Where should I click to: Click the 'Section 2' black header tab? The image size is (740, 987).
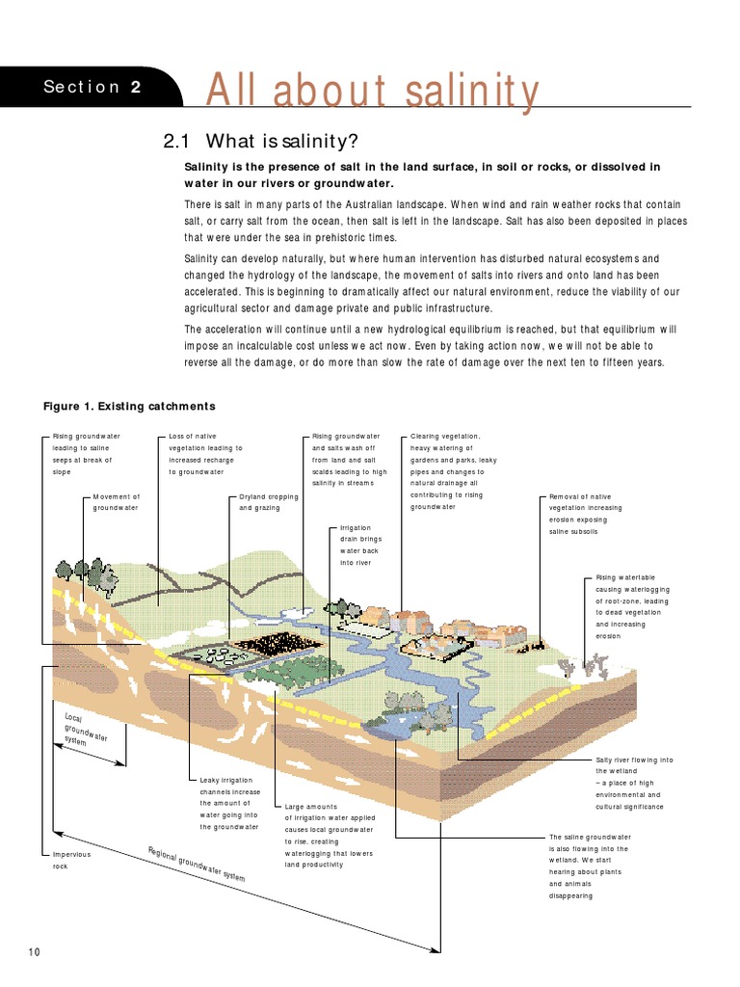point(92,88)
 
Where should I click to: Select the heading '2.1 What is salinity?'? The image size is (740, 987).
point(261,142)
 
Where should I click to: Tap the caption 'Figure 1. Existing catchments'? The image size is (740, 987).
point(129,406)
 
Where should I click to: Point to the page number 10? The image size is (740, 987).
point(35,952)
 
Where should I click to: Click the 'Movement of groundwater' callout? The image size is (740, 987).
point(116,502)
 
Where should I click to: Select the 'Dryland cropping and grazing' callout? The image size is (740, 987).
point(269,502)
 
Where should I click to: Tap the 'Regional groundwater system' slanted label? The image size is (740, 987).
point(197,865)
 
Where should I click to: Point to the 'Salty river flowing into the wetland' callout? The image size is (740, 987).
point(633,783)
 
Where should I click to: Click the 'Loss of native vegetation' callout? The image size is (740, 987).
point(205,454)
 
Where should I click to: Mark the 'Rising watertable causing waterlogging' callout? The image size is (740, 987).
point(632,606)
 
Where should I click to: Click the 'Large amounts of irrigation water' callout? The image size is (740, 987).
point(329,835)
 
